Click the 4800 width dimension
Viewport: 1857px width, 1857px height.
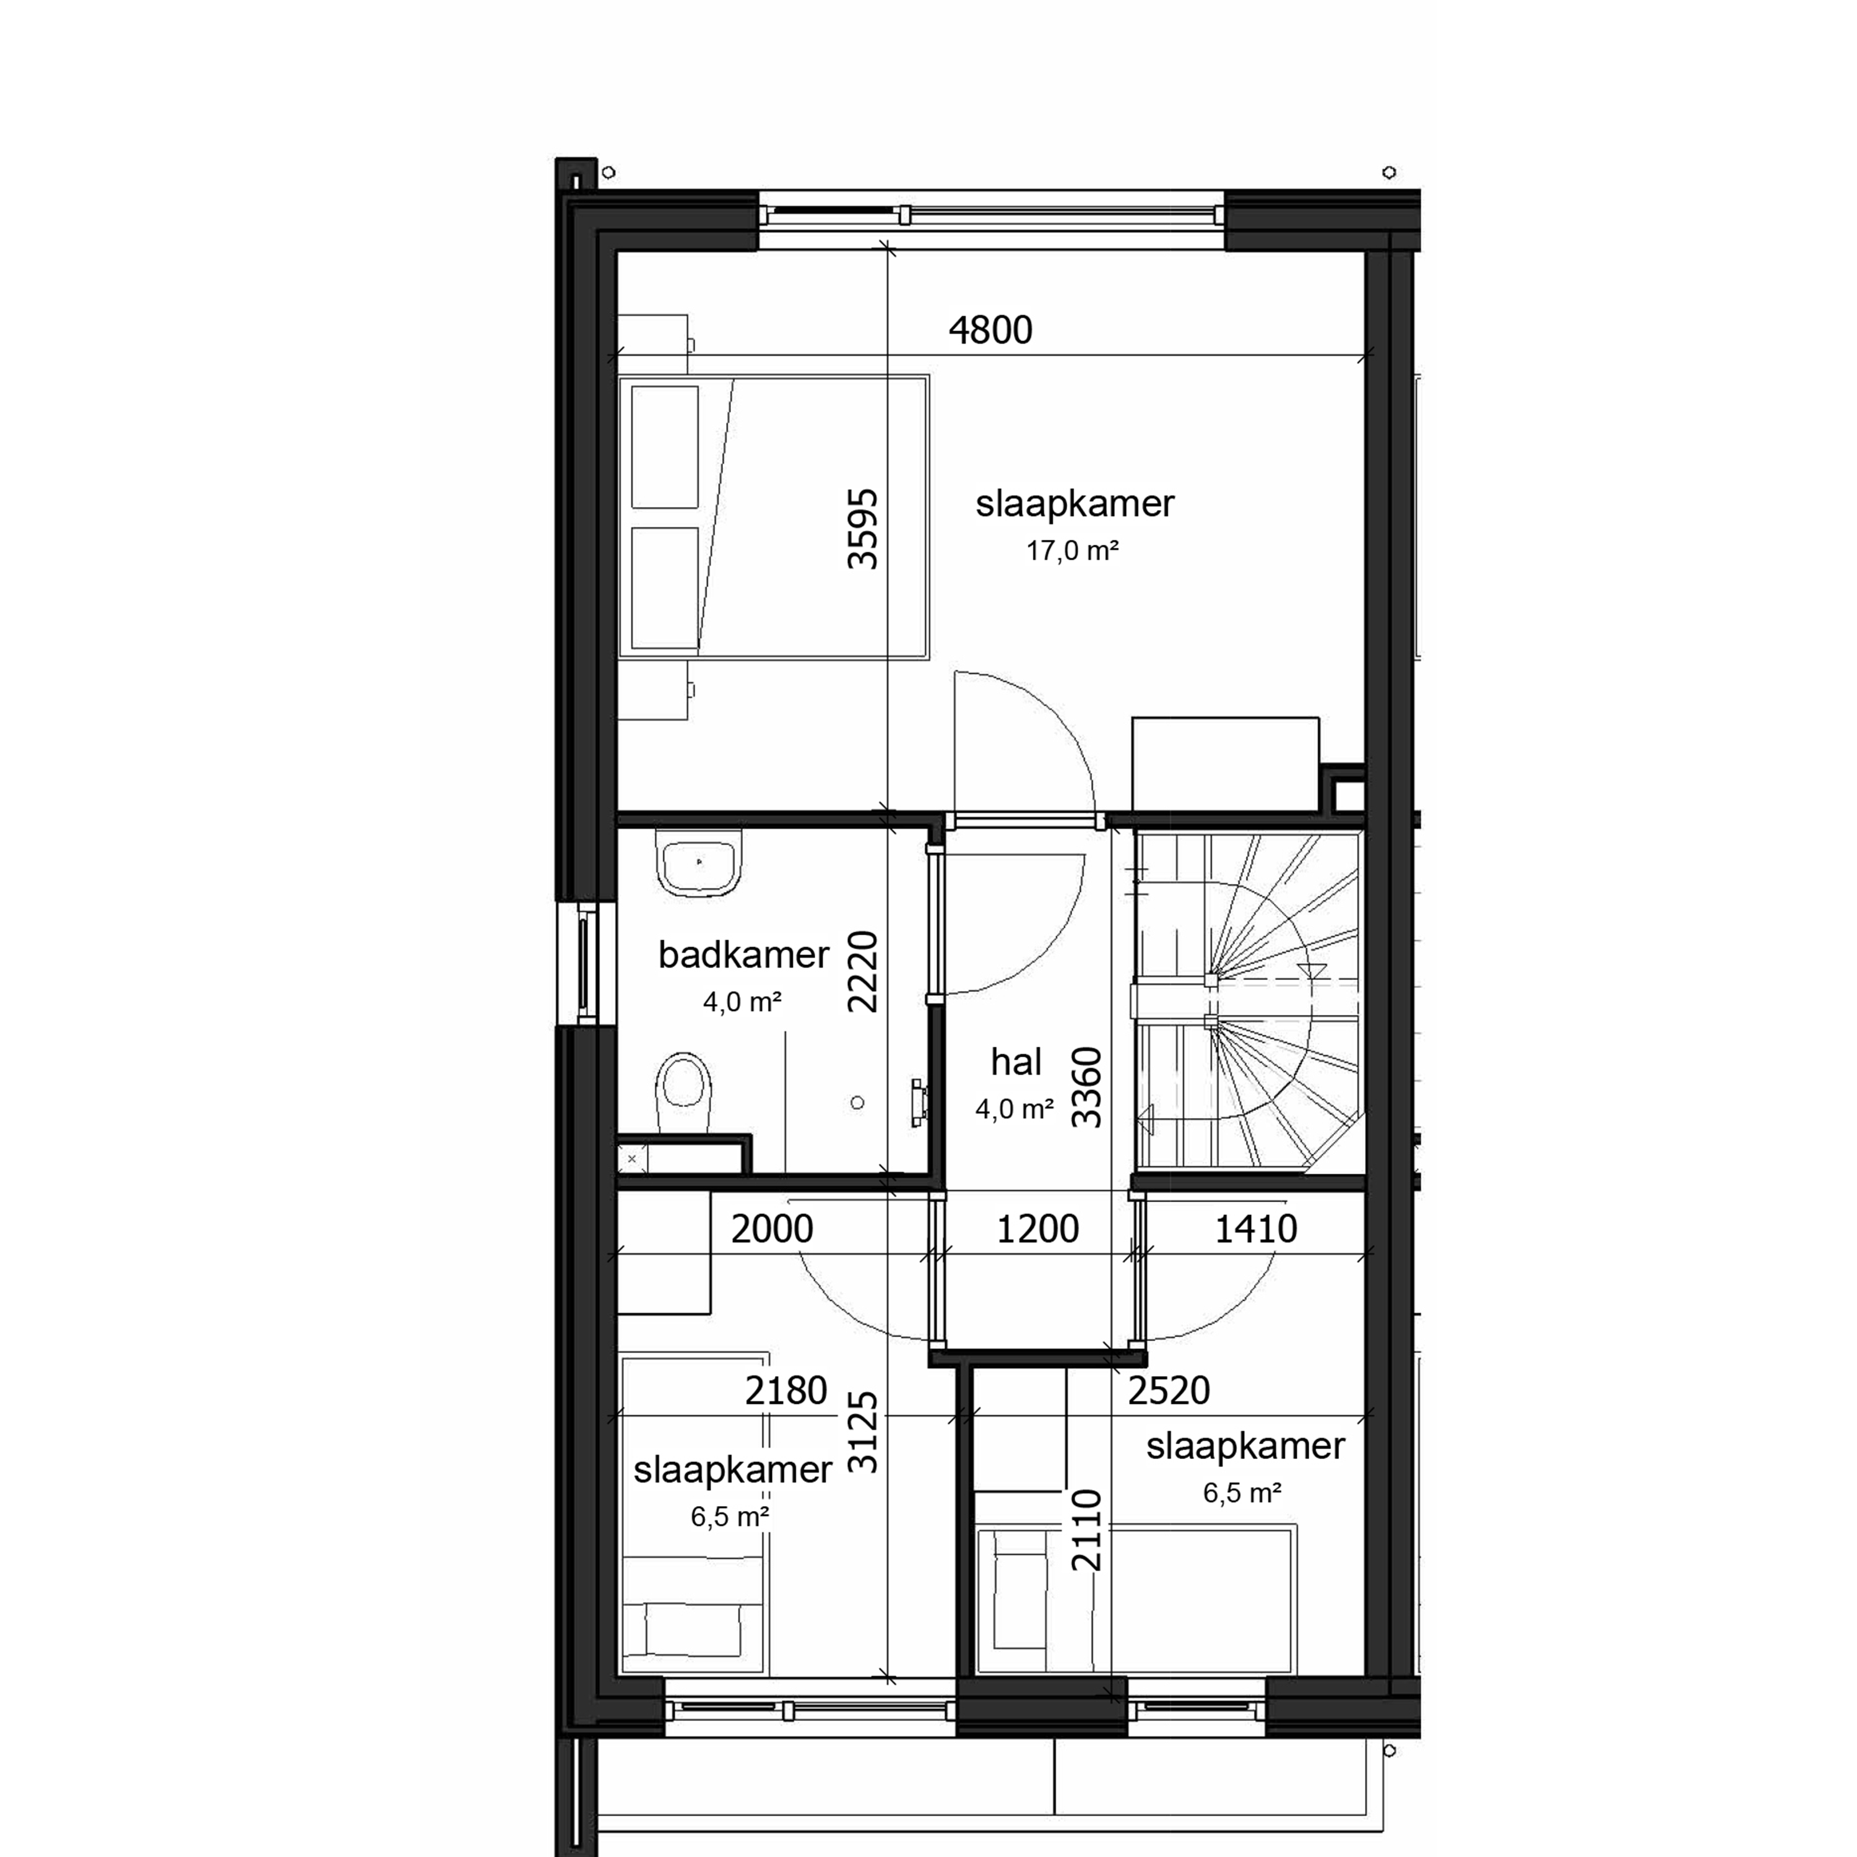(x=990, y=331)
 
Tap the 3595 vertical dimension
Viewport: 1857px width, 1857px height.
(x=862, y=530)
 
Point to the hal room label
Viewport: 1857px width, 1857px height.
(x=1016, y=1062)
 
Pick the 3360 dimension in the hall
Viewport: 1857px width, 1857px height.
(x=1086, y=1087)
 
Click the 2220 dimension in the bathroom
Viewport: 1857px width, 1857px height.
(x=862, y=972)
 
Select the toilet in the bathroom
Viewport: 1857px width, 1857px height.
(x=683, y=1093)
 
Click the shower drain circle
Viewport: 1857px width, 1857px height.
(x=857, y=1102)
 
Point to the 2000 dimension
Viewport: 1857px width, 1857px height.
(x=772, y=1229)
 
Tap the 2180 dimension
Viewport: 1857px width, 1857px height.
(x=786, y=1391)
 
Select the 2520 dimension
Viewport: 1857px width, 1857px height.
(x=1168, y=1391)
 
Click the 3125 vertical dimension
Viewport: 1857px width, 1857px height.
(x=862, y=1432)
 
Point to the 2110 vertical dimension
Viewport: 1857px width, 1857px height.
(x=1086, y=1530)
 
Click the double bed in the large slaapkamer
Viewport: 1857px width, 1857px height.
(x=774, y=517)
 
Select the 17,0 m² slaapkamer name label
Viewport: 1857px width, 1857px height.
(x=1075, y=504)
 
